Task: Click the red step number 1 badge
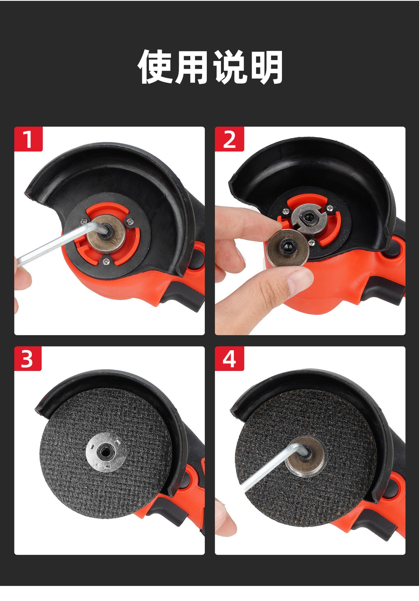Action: pos(28,139)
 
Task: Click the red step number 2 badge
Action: pos(229,139)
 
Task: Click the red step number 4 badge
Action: pos(229,359)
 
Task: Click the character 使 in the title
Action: pos(156,67)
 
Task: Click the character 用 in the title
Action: pos(192,67)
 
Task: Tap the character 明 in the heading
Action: pos(264,67)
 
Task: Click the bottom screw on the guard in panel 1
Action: pos(105,259)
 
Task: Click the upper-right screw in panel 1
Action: pos(130,222)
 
